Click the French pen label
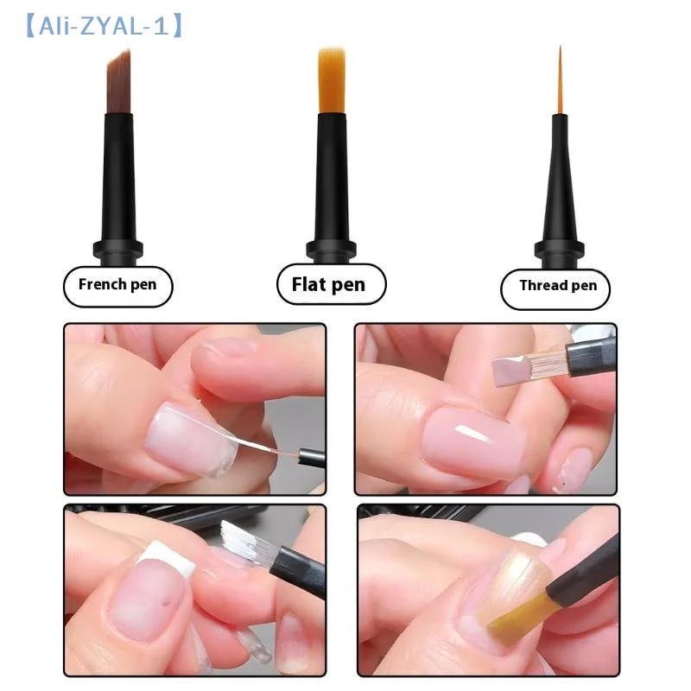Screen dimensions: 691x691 click(x=118, y=285)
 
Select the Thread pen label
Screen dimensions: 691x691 click(x=556, y=286)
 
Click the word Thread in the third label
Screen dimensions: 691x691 click(x=542, y=286)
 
